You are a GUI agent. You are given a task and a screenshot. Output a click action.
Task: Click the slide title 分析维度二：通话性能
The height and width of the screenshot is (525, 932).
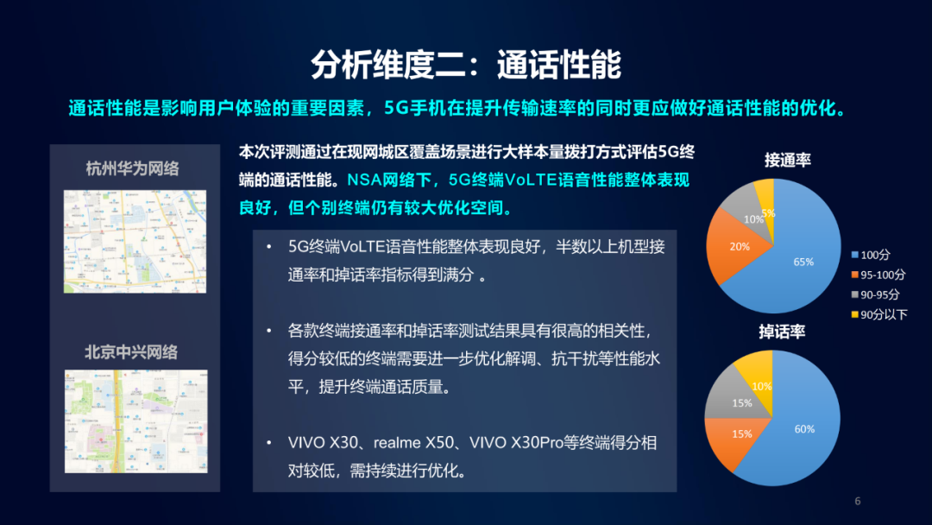(x=466, y=65)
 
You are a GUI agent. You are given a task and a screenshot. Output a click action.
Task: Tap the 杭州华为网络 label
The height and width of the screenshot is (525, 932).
(x=133, y=168)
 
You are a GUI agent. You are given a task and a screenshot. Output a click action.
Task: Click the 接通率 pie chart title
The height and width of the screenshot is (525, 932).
(x=787, y=160)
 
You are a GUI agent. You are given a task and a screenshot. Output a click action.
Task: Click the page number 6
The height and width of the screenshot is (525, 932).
(x=857, y=502)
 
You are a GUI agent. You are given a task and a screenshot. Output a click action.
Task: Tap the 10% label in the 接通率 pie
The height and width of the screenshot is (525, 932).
(x=753, y=219)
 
